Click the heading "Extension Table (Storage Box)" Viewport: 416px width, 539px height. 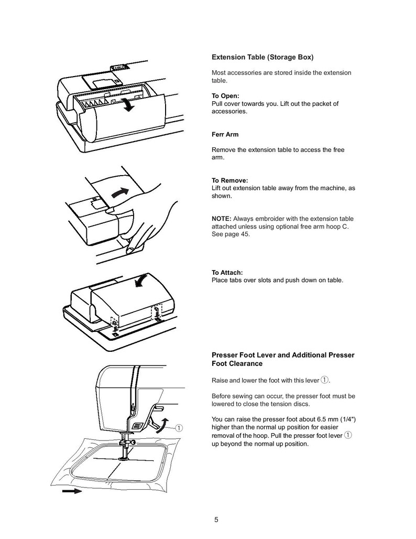point(262,57)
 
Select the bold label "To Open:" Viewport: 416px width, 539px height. point(225,96)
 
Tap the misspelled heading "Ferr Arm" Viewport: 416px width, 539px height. point(225,135)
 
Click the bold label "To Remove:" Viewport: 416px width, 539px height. point(229,181)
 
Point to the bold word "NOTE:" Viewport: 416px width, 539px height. point(221,219)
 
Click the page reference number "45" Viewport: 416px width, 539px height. point(246,234)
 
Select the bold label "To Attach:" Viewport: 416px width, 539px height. point(227,273)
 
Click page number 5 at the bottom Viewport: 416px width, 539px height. point(216,520)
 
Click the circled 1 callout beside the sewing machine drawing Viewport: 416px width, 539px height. point(180,427)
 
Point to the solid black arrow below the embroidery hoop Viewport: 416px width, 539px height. point(72,491)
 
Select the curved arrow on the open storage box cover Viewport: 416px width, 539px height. point(126,103)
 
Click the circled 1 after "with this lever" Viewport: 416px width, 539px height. point(324,380)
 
